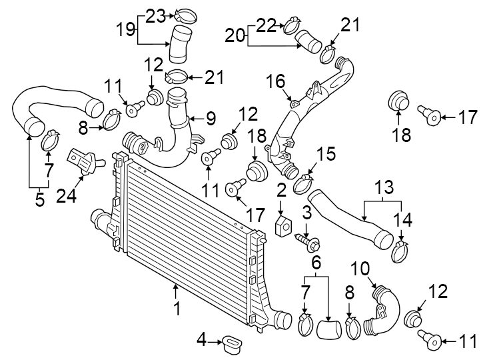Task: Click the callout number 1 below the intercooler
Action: (177, 309)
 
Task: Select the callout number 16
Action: (276, 81)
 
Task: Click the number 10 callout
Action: (360, 269)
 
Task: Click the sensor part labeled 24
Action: (85, 162)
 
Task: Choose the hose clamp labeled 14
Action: (400, 251)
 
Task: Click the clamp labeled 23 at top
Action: (183, 14)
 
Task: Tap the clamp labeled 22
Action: (290, 28)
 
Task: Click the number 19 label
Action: (126, 29)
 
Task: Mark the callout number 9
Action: (211, 119)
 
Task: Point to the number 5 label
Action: (39, 199)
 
